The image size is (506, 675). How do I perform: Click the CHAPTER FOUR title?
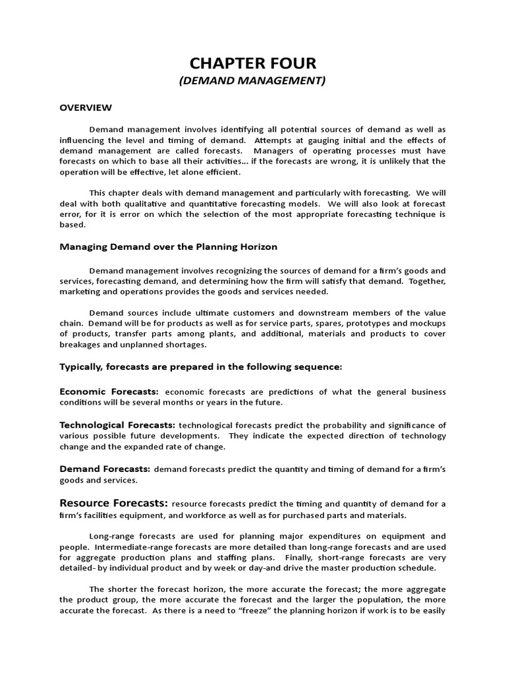click(253, 63)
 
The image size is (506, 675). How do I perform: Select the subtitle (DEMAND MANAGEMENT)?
click(253, 81)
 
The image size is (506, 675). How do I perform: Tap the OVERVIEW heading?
click(86, 107)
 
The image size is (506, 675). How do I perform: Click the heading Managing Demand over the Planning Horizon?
click(169, 247)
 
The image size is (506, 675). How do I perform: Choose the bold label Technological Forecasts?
click(117, 425)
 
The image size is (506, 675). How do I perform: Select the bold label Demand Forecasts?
click(105, 469)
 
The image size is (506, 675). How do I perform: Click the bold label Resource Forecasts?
click(114, 503)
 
